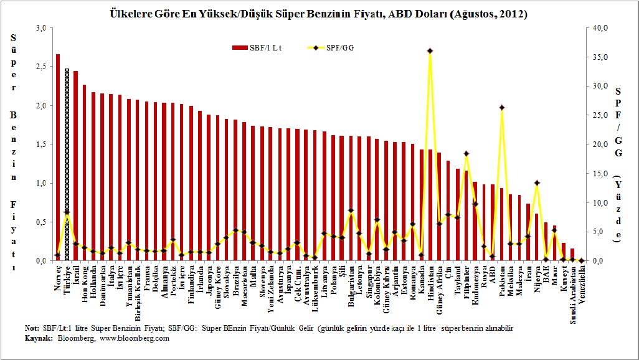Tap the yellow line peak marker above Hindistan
click(x=430, y=50)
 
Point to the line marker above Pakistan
click(x=501, y=107)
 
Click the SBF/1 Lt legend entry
click(x=257, y=47)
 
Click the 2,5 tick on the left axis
click(x=41, y=67)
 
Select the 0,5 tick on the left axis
click(x=41, y=222)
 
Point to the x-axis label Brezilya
click(x=235, y=280)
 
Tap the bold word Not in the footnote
click(x=31, y=328)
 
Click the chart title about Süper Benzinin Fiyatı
click(x=318, y=14)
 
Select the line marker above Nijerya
click(x=537, y=182)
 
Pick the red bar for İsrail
click(x=75, y=166)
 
